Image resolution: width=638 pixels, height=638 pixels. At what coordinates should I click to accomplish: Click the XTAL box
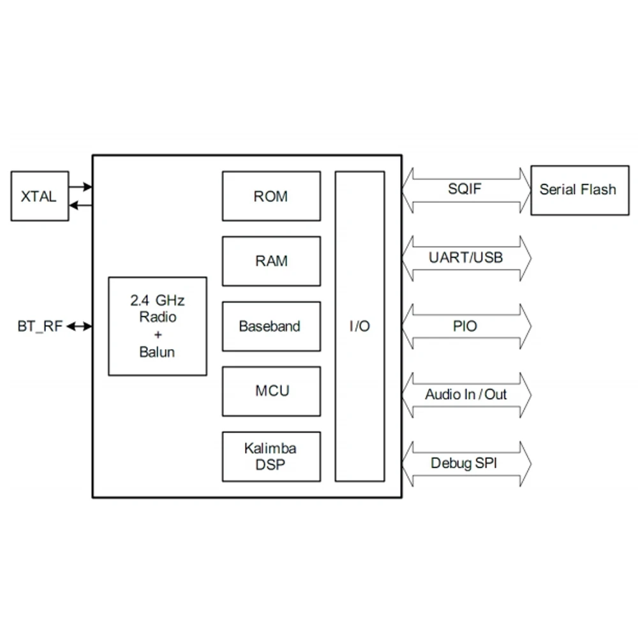[x=40, y=196]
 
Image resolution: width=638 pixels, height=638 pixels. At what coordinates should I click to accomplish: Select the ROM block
[x=271, y=196]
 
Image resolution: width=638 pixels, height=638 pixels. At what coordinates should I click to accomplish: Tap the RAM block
[x=271, y=261]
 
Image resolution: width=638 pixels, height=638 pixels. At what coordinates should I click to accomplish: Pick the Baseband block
[x=271, y=326]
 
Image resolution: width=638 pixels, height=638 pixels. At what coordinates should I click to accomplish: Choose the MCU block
[x=271, y=391]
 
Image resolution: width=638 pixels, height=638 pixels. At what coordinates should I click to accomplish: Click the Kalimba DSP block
[x=271, y=456]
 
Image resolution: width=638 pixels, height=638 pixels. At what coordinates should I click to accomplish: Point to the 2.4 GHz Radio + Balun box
[x=158, y=326]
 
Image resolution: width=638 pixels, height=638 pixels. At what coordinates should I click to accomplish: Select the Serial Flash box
[x=577, y=189]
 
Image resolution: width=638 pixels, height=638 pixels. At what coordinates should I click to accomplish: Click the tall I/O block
[x=360, y=326]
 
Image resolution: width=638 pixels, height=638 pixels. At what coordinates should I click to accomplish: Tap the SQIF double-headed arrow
[x=466, y=189]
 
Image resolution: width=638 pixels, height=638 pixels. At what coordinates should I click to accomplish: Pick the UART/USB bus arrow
[x=466, y=258]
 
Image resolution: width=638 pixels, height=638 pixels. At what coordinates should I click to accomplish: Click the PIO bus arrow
[x=466, y=326]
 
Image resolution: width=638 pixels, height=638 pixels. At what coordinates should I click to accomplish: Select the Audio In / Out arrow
[x=466, y=394]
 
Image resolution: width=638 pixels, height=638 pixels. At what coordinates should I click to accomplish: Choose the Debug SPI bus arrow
[x=466, y=463]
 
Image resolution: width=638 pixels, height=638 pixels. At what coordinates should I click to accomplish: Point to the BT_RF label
[x=40, y=327]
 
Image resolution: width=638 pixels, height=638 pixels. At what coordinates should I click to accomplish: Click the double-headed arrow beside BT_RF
[x=80, y=327]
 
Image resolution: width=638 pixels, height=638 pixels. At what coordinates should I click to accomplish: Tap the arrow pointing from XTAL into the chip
[x=80, y=187]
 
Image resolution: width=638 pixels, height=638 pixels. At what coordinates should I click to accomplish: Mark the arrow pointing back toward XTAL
[x=80, y=205]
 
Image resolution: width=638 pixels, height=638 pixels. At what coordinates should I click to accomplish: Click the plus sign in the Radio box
[x=158, y=334]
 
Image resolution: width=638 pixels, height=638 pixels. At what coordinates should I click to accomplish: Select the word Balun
[x=157, y=352]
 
